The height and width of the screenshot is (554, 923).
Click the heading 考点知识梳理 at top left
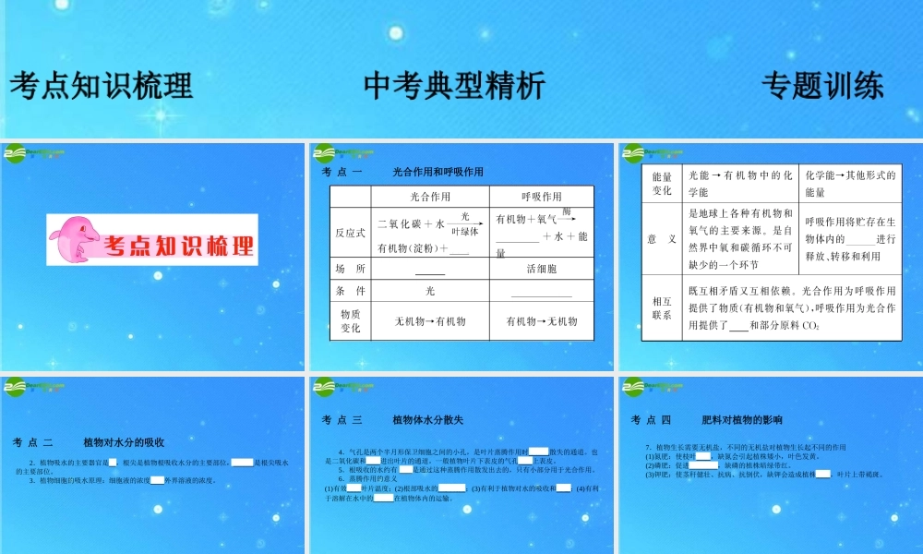[x=102, y=86]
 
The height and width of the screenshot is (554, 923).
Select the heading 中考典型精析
[x=454, y=86]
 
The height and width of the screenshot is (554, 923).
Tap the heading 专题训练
[x=822, y=86]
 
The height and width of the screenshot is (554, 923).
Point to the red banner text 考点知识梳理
[x=180, y=247]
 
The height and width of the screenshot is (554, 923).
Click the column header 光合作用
[x=429, y=197]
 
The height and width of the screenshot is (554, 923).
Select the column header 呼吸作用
[x=542, y=197]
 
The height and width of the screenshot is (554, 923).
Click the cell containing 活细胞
[x=542, y=269]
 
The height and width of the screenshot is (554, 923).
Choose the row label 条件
[x=351, y=291]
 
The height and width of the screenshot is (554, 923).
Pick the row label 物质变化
[x=351, y=320]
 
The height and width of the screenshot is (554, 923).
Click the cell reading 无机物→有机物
[x=429, y=321]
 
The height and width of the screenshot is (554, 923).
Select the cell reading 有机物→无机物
[x=542, y=321]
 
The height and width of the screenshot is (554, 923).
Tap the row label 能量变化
[x=662, y=183]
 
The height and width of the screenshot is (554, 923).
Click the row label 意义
[x=662, y=239]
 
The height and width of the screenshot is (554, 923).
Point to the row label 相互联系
[x=662, y=307]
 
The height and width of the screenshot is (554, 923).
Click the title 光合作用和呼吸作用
[x=438, y=172]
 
